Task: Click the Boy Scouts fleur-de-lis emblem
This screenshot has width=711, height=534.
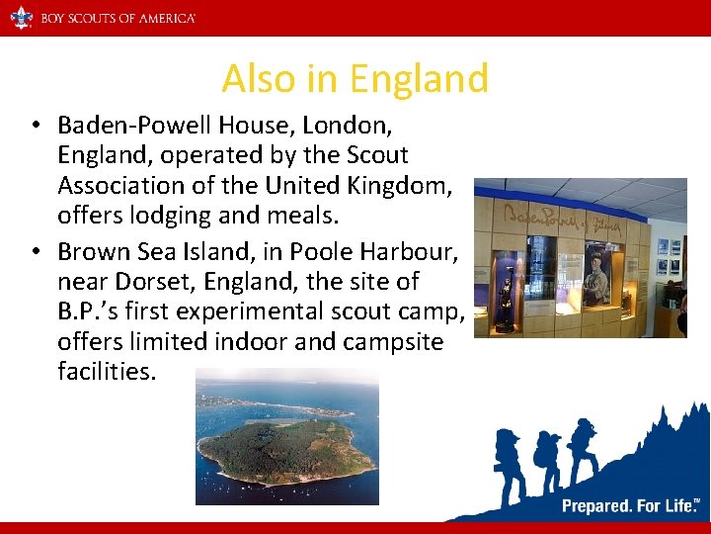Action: [x=21, y=18]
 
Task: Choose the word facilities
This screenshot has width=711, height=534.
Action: [x=107, y=373]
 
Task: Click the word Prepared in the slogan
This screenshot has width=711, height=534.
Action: [x=597, y=506]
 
